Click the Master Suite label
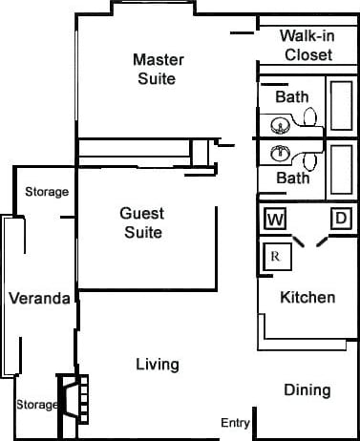pyautogui.click(x=159, y=69)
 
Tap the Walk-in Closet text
pyautogui.click(x=306, y=45)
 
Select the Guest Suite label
pyautogui.click(x=141, y=222)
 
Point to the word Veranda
pyautogui.click(x=39, y=298)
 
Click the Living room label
pyautogui.click(x=158, y=364)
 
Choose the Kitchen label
pyautogui.click(x=307, y=297)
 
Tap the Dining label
pyautogui.click(x=307, y=389)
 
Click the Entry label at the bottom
pyautogui.click(x=235, y=423)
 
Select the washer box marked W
pyautogui.click(x=275, y=220)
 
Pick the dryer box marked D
pyautogui.click(x=340, y=219)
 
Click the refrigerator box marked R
pyautogui.click(x=275, y=256)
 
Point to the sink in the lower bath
pyautogui.click(x=281, y=153)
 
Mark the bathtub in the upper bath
pyautogui.click(x=340, y=104)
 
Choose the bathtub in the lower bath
pyautogui.click(x=340, y=168)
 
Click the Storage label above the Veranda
pyautogui.click(x=46, y=192)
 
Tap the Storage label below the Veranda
pyautogui.click(x=36, y=405)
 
